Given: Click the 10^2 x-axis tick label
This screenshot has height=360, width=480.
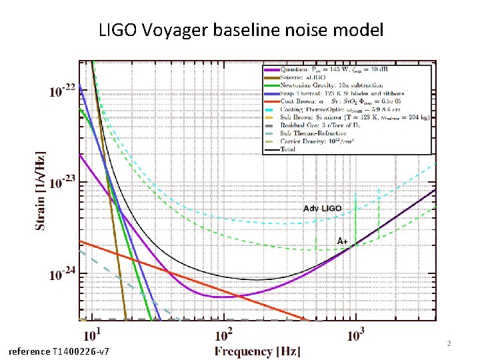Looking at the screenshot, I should tap(224, 333).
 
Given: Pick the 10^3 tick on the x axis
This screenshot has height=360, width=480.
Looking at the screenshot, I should tap(357, 333).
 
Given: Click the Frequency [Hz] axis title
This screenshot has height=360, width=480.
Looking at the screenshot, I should tap(257, 351).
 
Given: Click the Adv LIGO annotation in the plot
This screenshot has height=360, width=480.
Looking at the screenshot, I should tap(322, 209).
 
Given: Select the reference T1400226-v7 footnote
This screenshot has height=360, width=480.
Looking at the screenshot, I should tap(59, 351).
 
